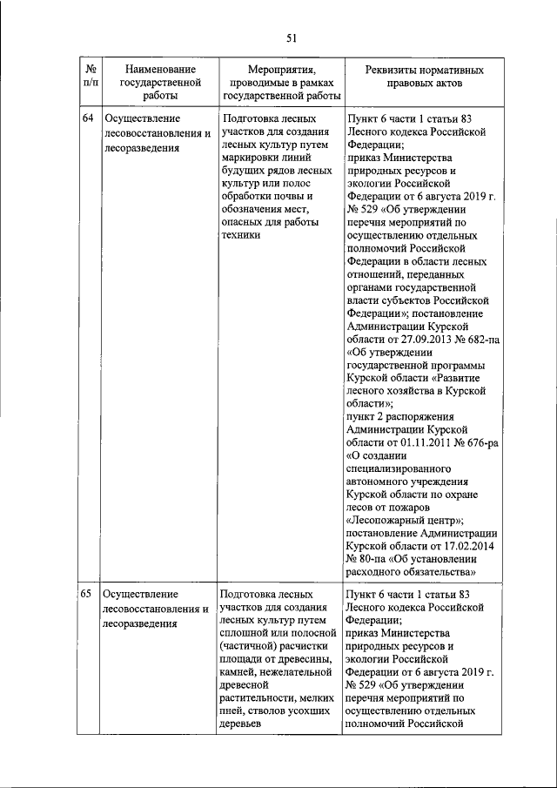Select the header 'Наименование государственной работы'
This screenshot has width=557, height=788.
(x=159, y=83)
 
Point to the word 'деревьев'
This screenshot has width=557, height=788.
(x=245, y=724)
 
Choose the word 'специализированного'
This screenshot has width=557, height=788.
(x=399, y=468)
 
